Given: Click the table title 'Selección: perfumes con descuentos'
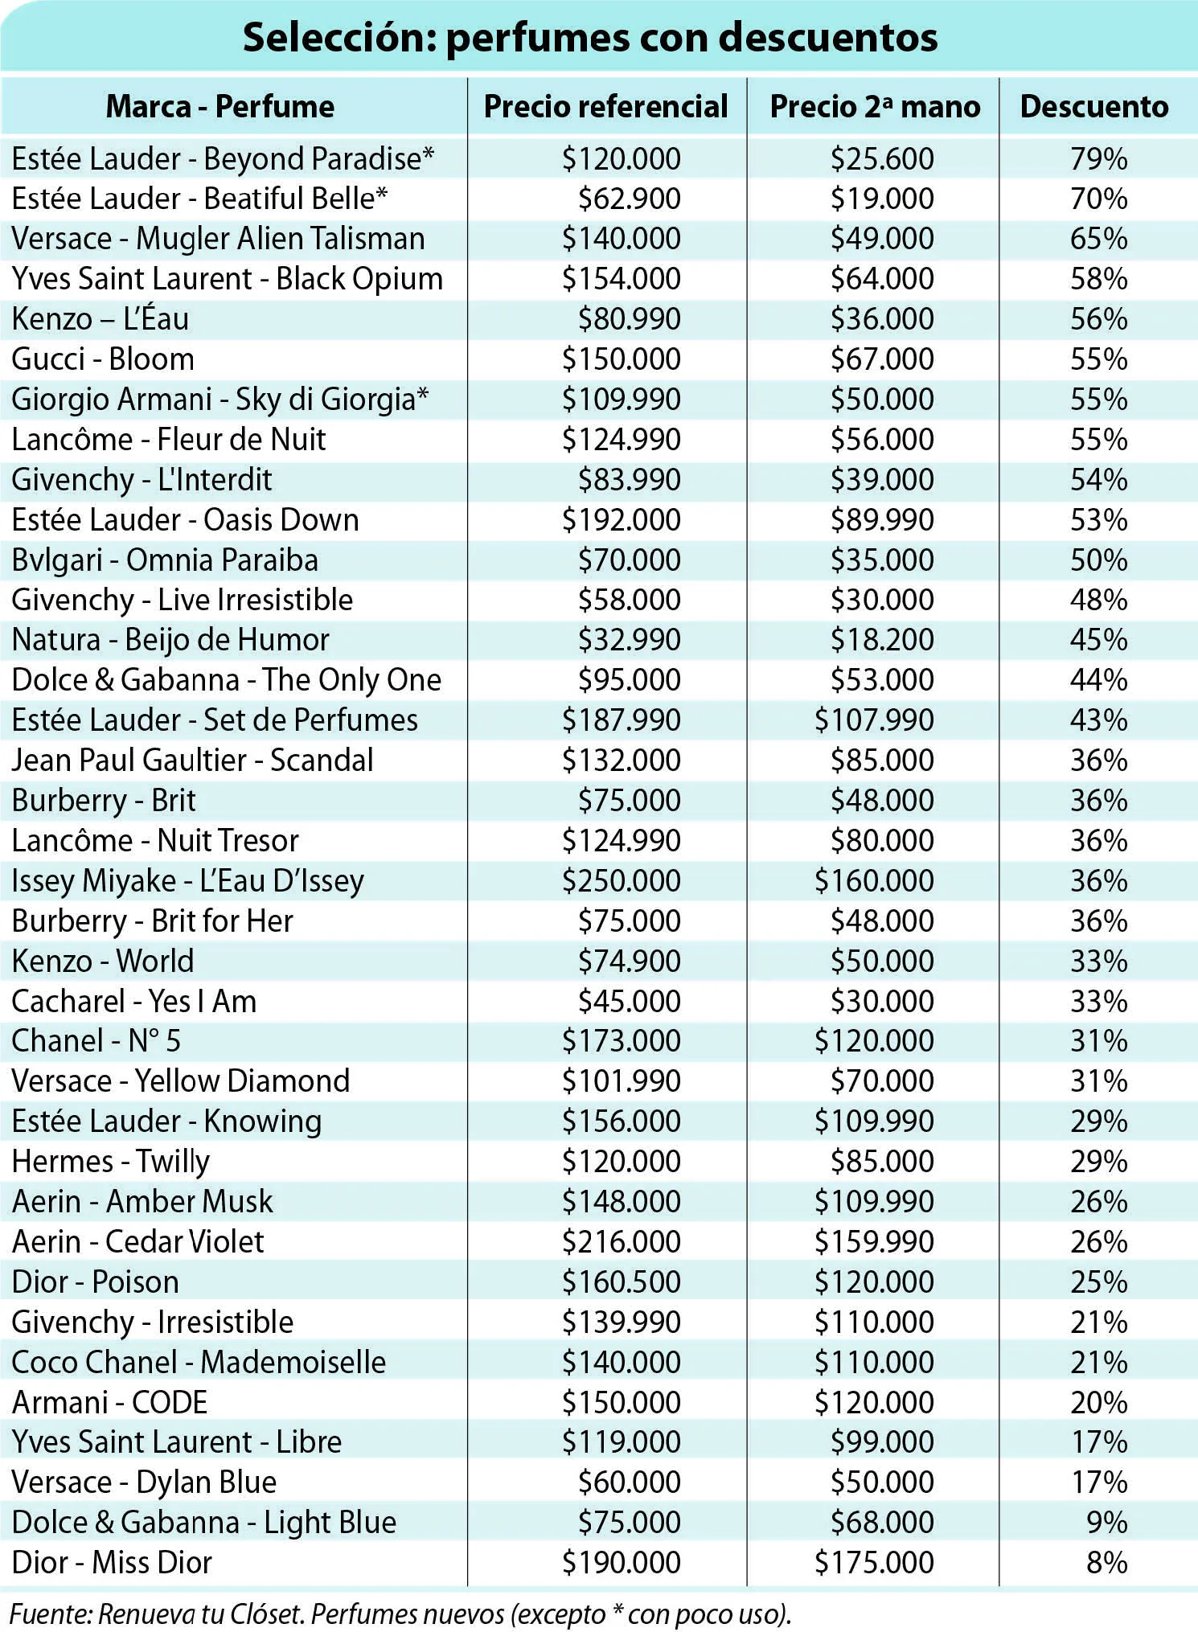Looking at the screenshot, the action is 590,38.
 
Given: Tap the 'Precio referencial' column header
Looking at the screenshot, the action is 605,106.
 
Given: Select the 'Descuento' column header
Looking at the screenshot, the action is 1094,106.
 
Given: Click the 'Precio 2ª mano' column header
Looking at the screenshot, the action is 875,106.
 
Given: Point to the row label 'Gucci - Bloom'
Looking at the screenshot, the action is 103,359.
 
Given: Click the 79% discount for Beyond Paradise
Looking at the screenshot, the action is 1098,158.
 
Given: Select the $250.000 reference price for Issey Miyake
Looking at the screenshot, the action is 621,880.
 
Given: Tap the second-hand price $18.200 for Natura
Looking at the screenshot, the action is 882,640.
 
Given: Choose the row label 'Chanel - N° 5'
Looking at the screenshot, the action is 96,1040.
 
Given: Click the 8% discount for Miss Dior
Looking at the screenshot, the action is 1106,1562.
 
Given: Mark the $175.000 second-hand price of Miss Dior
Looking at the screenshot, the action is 874,1562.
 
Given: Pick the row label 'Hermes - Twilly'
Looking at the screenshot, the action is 111,1162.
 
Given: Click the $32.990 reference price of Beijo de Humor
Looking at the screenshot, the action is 629,640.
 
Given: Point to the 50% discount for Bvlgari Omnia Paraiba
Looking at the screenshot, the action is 1098,560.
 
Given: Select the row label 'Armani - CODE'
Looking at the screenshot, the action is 110,1402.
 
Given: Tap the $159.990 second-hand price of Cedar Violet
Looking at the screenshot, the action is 874,1241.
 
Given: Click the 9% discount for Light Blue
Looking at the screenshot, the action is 1106,1522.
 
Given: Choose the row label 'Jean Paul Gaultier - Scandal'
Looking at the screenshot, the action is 193,761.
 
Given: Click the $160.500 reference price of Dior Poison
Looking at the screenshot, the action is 621,1281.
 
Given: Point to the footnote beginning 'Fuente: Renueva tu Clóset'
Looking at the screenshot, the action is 400,1614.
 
